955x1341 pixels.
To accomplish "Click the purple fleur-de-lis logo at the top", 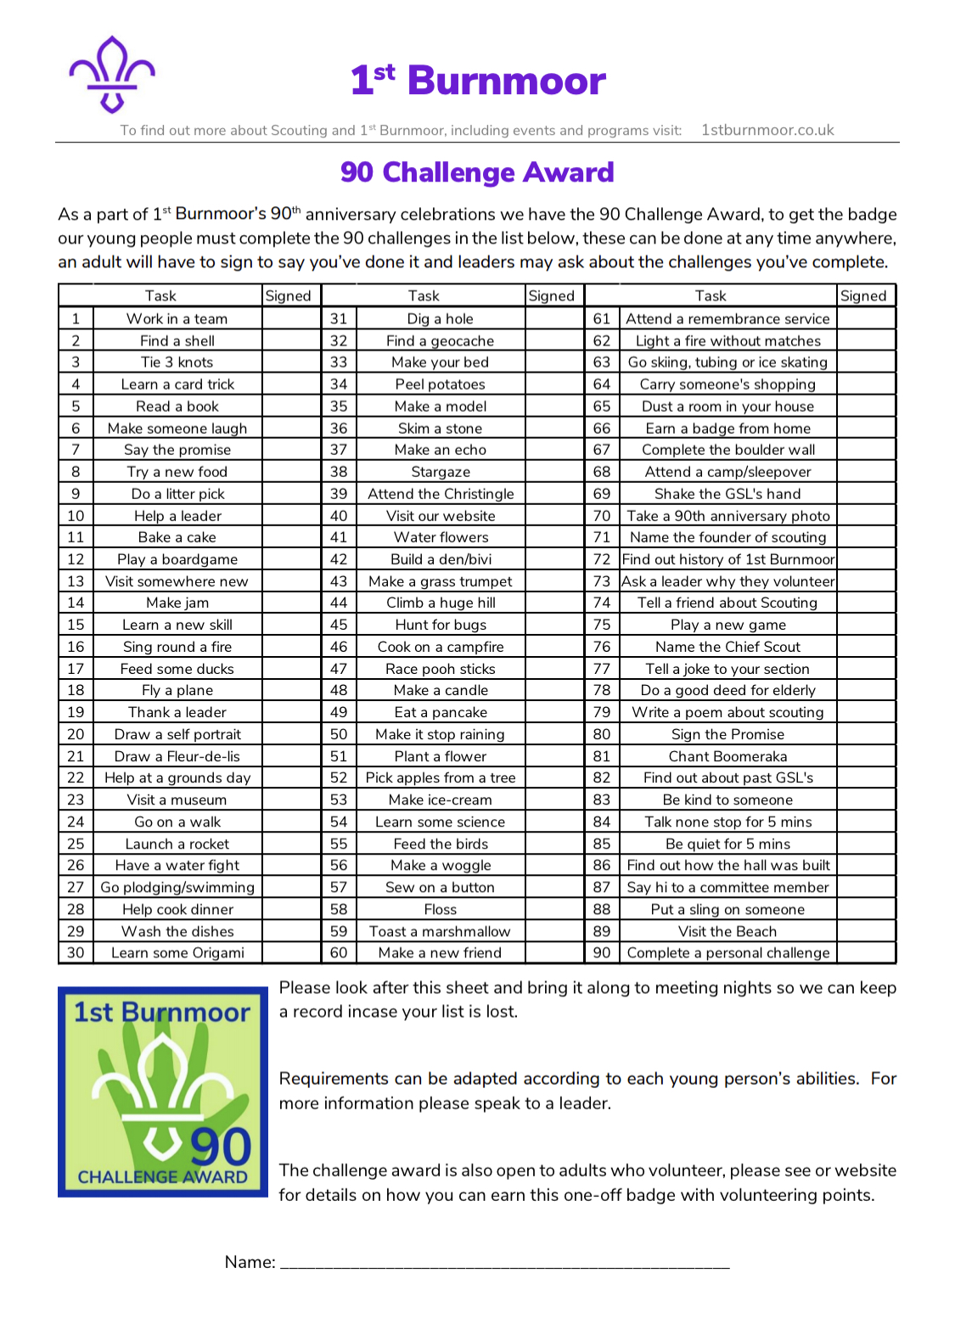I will click(112, 75).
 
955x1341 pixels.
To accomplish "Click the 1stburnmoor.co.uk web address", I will click(767, 130).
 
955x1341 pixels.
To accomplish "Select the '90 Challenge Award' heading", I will click(476, 172).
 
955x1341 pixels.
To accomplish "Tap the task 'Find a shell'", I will click(177, 341).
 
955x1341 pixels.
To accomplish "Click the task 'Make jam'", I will click(177, 603).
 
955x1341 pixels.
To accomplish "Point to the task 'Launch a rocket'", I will click(177, 844).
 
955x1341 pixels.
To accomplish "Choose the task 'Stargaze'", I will click(441, 472).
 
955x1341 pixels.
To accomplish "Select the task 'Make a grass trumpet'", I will click(441, 581).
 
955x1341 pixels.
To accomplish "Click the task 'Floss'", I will click(441, 909).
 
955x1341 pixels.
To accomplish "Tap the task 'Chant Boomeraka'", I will click(727, 756).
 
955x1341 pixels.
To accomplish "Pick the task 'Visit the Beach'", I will click(727, 931).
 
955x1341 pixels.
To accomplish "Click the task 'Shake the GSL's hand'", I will click(727, 494).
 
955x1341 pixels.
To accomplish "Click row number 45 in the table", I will click(339, 625).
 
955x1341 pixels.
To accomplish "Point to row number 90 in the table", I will click(602, 952).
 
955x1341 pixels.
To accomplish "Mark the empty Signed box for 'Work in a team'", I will click(291, 319).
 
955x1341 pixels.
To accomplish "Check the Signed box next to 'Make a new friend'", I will click(554, 952).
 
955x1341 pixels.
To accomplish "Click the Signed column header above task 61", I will click(863, 295).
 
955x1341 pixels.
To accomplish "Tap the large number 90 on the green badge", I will click(221, 1146).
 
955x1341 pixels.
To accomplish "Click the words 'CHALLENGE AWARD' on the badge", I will click(162, 1177).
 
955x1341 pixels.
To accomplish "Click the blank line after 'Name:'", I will click(504, 1263).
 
